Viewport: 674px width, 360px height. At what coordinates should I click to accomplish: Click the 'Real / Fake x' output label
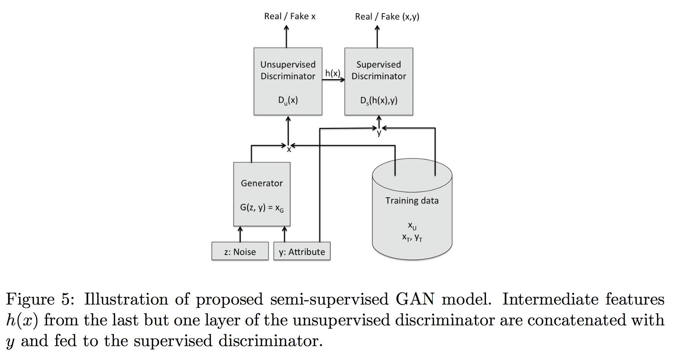[289, 16]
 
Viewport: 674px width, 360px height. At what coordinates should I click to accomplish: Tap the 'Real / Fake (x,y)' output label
[387, 16]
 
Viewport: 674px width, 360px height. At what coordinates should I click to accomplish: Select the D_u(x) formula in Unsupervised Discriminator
[288, 100]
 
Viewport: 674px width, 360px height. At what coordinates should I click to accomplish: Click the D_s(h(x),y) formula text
[379, 100]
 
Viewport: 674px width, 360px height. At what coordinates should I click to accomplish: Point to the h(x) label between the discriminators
[332, 73]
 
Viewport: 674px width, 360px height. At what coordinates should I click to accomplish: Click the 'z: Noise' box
[240, 252]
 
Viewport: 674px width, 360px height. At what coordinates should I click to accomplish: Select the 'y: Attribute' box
[302, 252]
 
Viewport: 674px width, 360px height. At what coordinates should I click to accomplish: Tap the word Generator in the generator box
[262, 183]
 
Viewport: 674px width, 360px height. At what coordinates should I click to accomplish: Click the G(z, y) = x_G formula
[262, 208]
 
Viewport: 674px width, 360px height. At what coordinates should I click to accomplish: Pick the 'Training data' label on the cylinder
[412, 201]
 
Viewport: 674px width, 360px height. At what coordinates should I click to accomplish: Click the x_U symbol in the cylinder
[412, 226]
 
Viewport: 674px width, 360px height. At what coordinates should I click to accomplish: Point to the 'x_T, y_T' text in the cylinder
[412, 238]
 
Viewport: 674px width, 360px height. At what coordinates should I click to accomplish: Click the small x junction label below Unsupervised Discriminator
[289, 150]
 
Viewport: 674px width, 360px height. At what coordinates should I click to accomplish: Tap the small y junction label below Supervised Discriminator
[379, 133]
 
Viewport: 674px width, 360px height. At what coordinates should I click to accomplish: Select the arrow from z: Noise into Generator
[240, 234]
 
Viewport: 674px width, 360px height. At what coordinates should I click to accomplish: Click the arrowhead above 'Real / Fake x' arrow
[286, 28]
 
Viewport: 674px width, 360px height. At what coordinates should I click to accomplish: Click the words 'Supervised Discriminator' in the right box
[379, 70]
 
